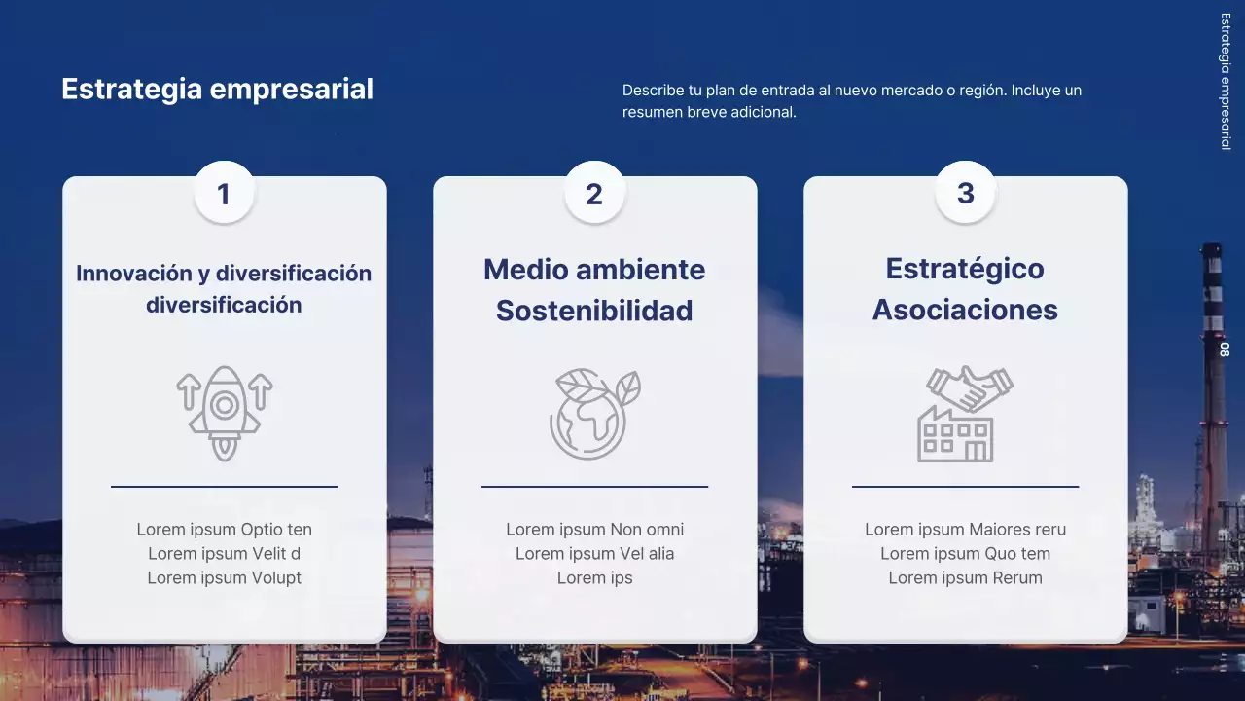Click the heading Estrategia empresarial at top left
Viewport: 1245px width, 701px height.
tap(217, 89)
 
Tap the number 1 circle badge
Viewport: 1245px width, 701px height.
tap(224, 193)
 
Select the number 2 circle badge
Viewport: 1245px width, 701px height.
tap(594, 193)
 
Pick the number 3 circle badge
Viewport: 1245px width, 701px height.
tap(965, 192)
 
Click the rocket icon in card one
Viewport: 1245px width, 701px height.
tap(225, 413)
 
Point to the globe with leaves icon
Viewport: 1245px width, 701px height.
tap(594, 414)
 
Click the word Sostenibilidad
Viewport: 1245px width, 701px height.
tap(594, 311)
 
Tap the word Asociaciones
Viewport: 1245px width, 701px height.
tap(965, 310)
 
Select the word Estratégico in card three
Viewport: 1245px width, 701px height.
tap(965, 269)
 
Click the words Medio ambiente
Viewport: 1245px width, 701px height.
tap(594, 270)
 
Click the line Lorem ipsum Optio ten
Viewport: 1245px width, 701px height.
tap(225, 530)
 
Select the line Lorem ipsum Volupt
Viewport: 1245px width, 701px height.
tap(225, 577)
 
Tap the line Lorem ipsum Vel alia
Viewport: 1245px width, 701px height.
tap(594, 553)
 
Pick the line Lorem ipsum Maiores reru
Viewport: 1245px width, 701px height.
tap(965, 530)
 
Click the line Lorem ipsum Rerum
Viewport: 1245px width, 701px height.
tap(965, 577)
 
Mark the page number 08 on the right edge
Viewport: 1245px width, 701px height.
tap(1225, 350)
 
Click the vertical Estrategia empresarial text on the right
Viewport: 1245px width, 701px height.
tap(1225, 81)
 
